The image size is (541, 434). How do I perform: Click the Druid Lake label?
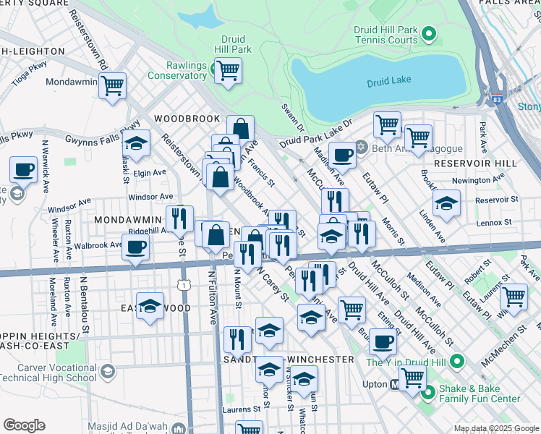[390, 81]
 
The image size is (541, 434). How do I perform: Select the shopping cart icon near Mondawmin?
[112, 85]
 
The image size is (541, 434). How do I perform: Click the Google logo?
[24, 425]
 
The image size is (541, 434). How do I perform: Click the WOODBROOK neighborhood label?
[186, 117]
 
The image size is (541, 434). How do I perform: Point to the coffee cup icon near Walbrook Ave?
[135, 247]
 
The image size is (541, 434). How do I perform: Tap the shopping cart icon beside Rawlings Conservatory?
[228, 70]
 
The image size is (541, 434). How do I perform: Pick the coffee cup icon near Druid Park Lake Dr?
[342, 153]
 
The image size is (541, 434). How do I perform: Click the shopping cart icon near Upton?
[412, 377]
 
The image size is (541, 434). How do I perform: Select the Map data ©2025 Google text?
[495, 428]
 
